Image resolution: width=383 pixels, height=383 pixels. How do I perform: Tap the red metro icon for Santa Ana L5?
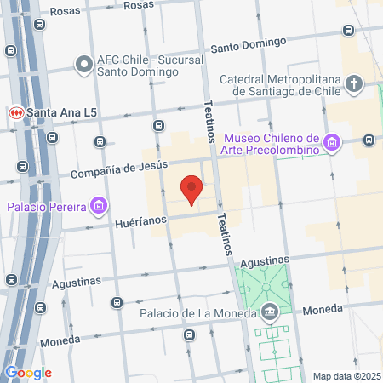pos(14,112)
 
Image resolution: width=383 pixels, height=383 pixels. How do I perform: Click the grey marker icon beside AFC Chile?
pos(83,64)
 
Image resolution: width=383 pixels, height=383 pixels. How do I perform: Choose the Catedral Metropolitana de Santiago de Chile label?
pos(281,85)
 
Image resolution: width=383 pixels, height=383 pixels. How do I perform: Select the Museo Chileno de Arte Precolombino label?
pos(271,144)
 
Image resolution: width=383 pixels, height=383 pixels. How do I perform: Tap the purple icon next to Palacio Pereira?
pos(100,205)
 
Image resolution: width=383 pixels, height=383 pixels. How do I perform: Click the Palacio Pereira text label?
pos(48,206)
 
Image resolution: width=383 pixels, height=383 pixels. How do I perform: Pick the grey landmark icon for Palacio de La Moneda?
pos(269,312)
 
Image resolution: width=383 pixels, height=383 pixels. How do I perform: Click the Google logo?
pos(28,372)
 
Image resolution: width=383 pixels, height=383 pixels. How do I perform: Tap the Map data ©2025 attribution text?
pos(346,375)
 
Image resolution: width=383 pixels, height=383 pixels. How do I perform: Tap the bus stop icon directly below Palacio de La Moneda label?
pos(189,334)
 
